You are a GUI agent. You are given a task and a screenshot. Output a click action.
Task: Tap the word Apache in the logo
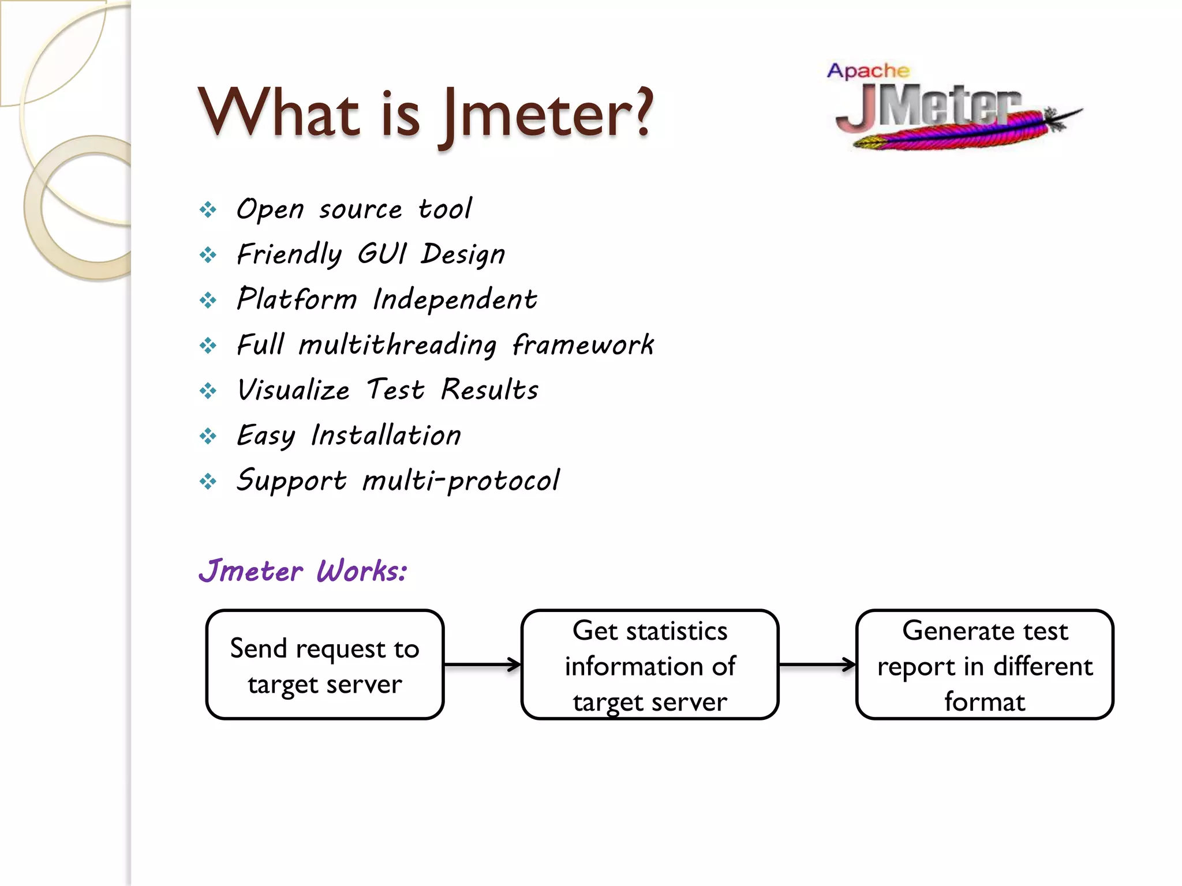(868, 71)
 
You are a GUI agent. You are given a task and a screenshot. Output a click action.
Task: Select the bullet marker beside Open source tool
(208, 209)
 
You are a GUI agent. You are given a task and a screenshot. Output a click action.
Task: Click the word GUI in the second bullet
(382, 254)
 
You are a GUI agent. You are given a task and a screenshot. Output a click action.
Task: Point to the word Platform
(297, 299)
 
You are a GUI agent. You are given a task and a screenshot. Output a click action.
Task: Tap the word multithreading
(398, 345)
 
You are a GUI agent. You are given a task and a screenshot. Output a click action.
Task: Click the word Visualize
(293, 390)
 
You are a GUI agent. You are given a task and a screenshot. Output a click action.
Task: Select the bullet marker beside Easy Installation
(208, 436)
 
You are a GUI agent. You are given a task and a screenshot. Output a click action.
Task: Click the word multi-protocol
(461, 480)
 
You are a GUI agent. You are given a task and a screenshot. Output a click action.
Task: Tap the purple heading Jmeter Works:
(303, 571)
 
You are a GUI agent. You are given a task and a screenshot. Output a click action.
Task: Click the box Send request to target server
(325, 664)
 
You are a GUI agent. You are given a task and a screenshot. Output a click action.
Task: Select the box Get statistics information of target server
(650, 664)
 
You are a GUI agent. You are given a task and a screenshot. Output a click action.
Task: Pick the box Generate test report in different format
(985, 664)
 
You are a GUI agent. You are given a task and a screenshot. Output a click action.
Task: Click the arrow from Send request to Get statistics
(482, 664)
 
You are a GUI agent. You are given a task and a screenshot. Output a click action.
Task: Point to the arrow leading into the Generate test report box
(817, 664)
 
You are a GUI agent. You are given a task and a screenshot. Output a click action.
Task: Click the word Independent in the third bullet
(455, 299)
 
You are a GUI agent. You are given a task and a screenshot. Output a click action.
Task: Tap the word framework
(583, 345)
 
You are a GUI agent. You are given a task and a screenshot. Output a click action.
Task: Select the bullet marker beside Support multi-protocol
(208, 481)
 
